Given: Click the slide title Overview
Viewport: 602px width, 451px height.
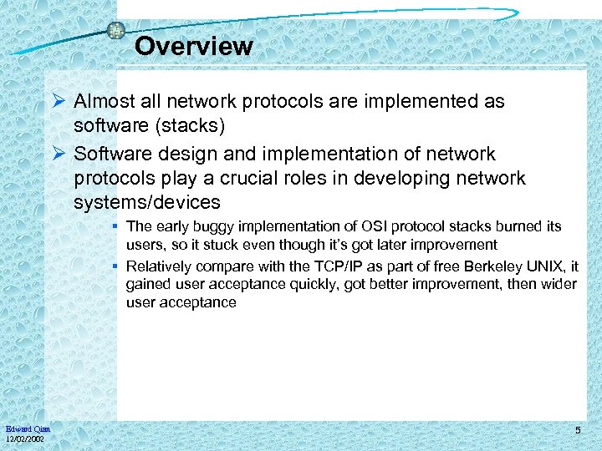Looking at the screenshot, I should (193, 46).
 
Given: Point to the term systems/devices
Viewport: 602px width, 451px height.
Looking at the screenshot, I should (147, 202).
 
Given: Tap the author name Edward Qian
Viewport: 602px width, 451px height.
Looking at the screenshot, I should (28, 429).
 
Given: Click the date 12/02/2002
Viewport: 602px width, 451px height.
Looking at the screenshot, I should (26, 439).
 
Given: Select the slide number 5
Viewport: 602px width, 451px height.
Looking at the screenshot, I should (578, 430).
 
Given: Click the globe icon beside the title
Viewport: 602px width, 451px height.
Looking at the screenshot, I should (116, 31).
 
